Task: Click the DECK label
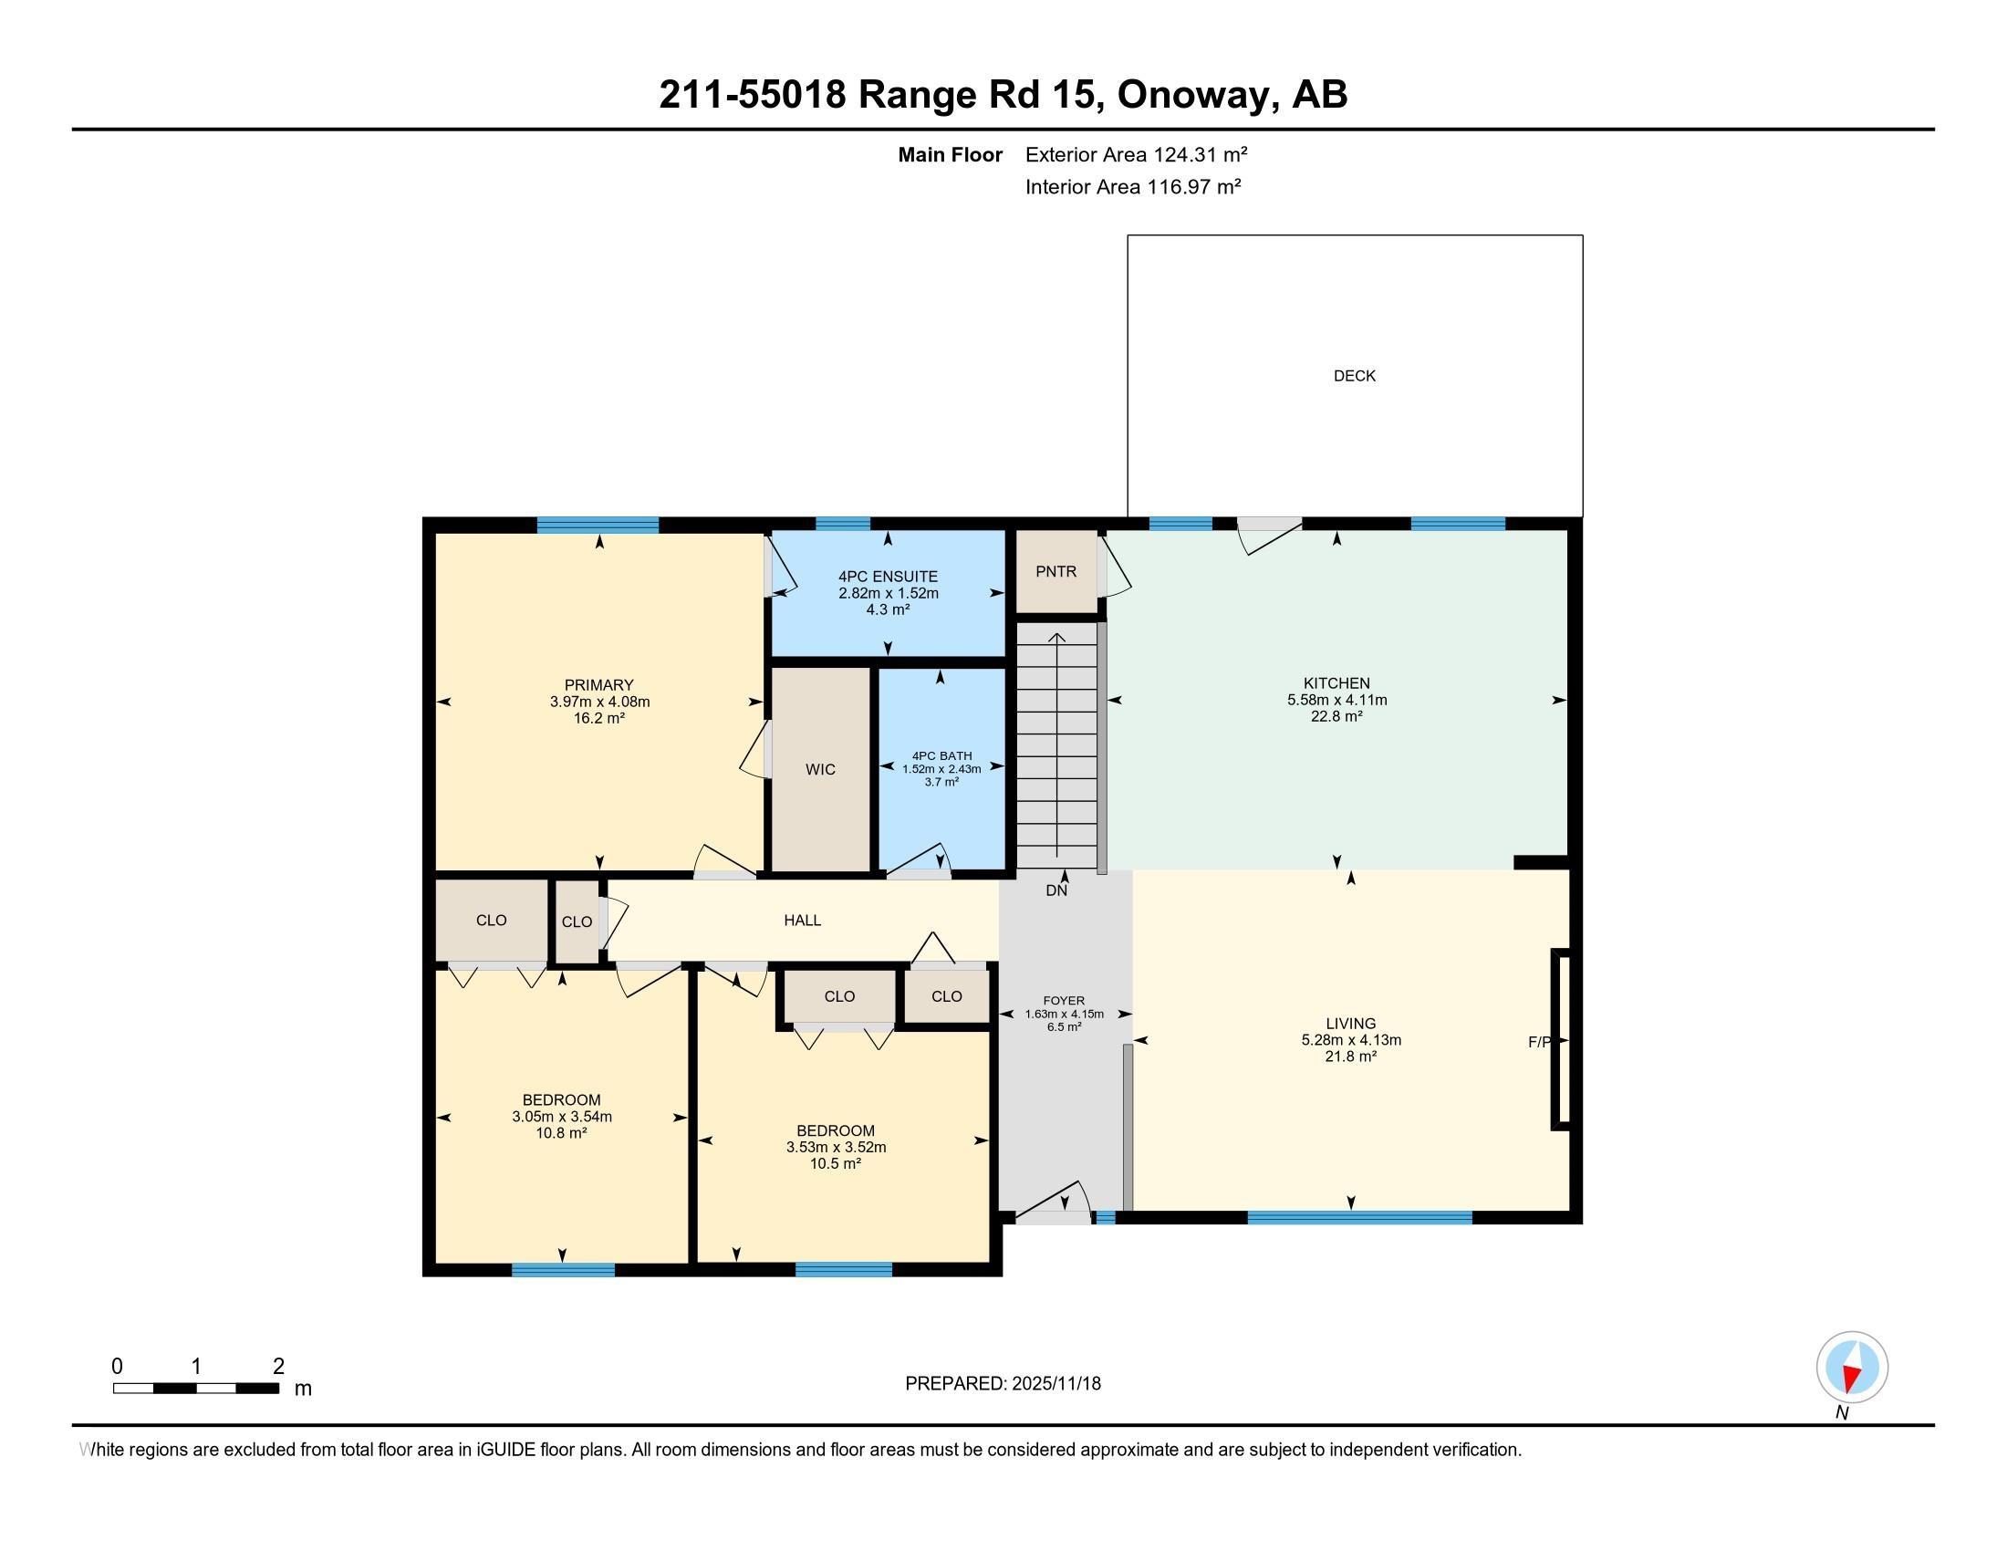[x=1355, y=376]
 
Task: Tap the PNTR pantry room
[x=1055, y=571]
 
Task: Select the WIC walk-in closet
[x=821, y=770]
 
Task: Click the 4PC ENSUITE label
[x=888, y=577]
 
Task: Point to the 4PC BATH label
[x=942, y=756]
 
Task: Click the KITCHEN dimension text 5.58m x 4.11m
[x=1337, y=700]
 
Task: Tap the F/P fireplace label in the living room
[x=1539, y=1042]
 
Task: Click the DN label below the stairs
[x=1056, y=890]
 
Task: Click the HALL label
[x=802, y=921]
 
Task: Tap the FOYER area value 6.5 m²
[x=1064, y=1027]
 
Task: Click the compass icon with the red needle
[x=1852, y=1368]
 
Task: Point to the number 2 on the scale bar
[x=278, y=1367]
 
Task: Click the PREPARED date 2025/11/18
[x=1055, y=1384]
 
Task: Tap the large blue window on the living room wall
[x=1359, y=1217]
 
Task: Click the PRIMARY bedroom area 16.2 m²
[x=599, y=719]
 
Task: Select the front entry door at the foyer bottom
[x=1053, y=1216]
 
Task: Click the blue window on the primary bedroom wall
[x=598, y=526]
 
